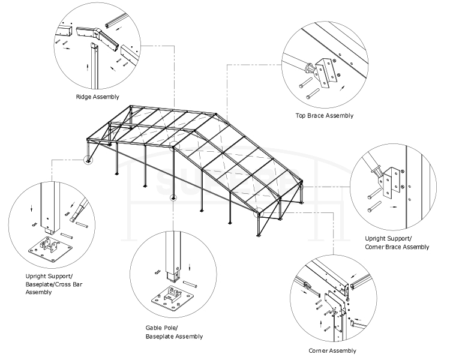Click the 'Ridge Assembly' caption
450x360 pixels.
pos(97,97)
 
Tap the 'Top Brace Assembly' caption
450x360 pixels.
pos(324,116)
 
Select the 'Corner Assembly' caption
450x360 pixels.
pos(332,351)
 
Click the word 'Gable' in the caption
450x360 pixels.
pos(154,328)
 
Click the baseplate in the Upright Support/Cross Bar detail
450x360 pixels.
pos(50,249)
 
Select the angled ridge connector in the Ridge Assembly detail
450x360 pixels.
pos(98,39)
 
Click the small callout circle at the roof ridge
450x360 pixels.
pos(174,146)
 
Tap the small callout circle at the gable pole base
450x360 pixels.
pos(173,197)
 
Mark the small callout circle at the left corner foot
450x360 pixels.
pos(88,160)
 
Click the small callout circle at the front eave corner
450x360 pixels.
pos(258,212)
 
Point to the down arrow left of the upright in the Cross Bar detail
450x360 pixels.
pos(32,208)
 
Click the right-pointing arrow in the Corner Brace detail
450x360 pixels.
pos(394,206)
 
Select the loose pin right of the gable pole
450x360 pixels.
pos(190,284)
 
